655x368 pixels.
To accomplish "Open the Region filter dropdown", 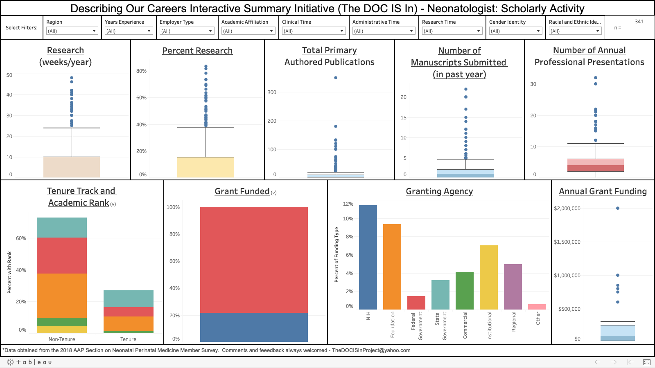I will pyautogui.click(x=72, y=31).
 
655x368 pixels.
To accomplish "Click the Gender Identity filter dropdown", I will pyautogui.click(x=515, y=31).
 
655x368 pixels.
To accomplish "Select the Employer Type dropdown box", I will pyautogui.click(x=187, y=31).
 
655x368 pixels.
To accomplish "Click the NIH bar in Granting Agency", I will pyautogui.click(x=368, y=257).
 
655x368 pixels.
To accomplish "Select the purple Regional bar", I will pyautogui.click(x=513, y=287).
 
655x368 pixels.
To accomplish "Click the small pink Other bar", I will pyautogui.click(x=537, y=307).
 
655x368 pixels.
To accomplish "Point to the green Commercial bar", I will pyautogui.click(x=464, y=290).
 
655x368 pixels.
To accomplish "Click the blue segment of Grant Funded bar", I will pyautogui.click(x=254, y=327).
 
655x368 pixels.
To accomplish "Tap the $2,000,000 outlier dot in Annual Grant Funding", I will pyautogui.click(x=618, y=208).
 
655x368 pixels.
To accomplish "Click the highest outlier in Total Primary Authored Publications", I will pyautogui.click(x=336, y=78).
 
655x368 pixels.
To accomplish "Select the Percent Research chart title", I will pyautogui.click(x=197, y=51).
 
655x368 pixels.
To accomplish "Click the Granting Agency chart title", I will pyautogui.click(x=439, y=191).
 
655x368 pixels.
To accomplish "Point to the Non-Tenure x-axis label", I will pyautogui.click(x=62, y=339).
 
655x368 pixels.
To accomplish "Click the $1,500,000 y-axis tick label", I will pyautogui.click(x=567, y=242).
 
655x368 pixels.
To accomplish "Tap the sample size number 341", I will pyautogui.click(x=639, y=22).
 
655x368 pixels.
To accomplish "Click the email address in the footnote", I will pyautogui.click(x=371, y=350).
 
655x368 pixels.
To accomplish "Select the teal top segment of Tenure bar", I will pyautogui.click(x=129, y=298).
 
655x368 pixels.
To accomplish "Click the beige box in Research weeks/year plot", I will pyautogui.click(x=72, y=167).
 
